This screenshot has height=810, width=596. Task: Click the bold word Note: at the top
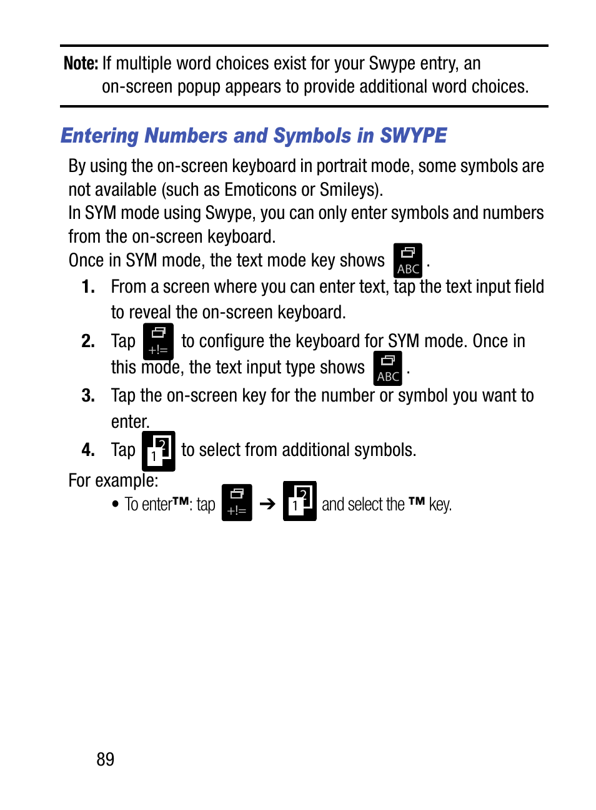(x=81, y=63)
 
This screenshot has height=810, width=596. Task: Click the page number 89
(x=105, y=759)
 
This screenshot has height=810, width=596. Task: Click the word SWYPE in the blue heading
(x=413, y=136)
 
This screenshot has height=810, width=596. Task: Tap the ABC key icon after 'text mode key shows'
(x=407, y=260)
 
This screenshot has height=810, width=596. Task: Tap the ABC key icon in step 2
(x=387, y=368)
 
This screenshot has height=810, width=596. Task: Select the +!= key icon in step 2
(x=158, y=341)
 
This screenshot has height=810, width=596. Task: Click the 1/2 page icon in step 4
(x=158, y=450)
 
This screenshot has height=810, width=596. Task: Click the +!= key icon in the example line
(x=237, y=502)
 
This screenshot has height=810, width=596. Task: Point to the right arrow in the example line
(x=267, y=504)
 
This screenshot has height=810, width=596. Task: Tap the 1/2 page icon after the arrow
(x=299, y=501)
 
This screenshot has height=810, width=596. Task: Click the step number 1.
(x=88, y=287)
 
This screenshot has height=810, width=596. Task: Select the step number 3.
(x=88, y=396)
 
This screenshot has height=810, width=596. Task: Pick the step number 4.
(x=88, y=450)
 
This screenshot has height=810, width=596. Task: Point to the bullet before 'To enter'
(x=115, y=504)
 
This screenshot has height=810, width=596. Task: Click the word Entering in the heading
(x=99, y=136)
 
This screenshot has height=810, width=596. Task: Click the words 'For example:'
(x=113, y=480)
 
